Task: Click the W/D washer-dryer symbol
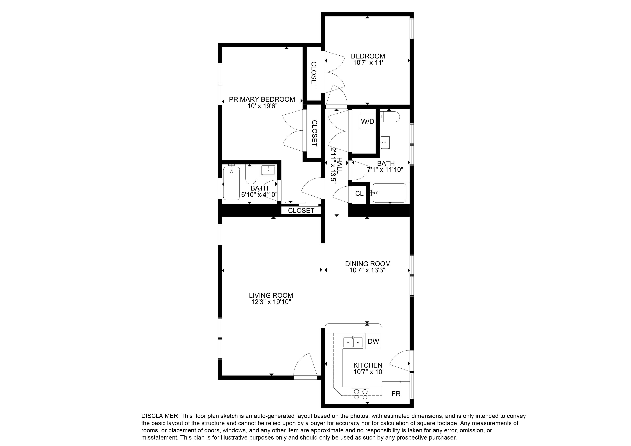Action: pyautogui.click(x=367, y=121)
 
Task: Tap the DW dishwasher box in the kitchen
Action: pyautogui.click(x=373, y=342)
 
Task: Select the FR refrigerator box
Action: pyautogui.click(x=396, y=394)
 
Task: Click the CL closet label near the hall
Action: pyautogui.click(x=359, y=194)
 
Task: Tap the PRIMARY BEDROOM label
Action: pyautogui.click(x=262, y=99)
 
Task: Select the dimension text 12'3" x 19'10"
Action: pyautogui.click(x=271, y=302)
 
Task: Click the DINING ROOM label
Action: pyautogui.click(x=368, y=264)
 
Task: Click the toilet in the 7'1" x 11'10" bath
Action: pyautogui.click(x=390, y=117)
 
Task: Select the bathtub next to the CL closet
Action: pyautogui.click(x=389, y=193)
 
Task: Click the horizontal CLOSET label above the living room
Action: pyautogui.click(x=301, y=210)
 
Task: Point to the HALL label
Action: pyautogui.click(x=340, y=165)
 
